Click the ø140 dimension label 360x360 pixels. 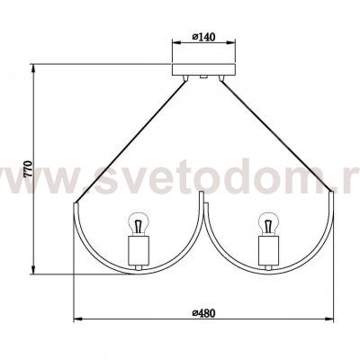tap(203, 37)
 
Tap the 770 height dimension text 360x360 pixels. tap(28, 169)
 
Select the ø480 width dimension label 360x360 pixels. tap(203, 313)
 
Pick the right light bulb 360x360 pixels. tap(269, 224)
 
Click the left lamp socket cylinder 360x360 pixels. tap(139, 250)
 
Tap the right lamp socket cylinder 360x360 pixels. tap(269, 250)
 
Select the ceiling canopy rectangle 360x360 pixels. tap(203, 69)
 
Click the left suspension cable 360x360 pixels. tap(130, 142)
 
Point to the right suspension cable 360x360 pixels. tap(276, 135)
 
